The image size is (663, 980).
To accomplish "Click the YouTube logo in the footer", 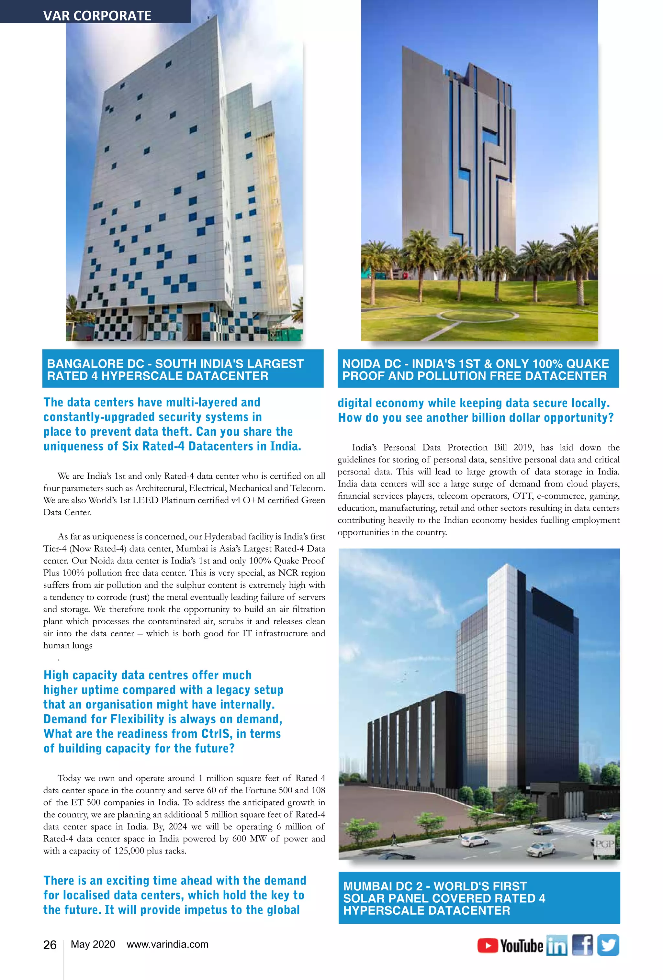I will coord(510,945).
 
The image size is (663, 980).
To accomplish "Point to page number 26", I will coord(50,945).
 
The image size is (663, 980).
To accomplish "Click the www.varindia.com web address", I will coord(167,944).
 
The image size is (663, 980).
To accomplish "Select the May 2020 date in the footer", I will coord(93,944).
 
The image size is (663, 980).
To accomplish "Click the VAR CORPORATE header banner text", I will coord(97,16).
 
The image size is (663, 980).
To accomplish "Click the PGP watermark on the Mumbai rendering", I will coord(604,844).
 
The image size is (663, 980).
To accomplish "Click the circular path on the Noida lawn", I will coord(477,315).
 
